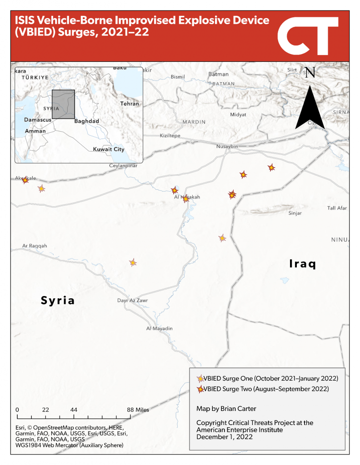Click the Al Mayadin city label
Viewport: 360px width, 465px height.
coord(160,328)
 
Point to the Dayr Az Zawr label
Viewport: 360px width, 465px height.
coord(133,300)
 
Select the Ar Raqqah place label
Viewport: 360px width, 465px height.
coord(35,246)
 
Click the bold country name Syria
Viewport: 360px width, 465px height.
coord(58,301)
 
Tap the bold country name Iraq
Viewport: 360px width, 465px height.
coord(302,264)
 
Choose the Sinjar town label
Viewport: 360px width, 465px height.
coord(295,213)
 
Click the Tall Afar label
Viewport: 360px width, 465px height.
coord(337,208)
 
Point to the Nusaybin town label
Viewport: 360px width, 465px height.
coord(227,146)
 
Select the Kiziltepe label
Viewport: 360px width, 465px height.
coord(170,136)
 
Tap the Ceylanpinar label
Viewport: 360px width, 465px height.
coord(123,166)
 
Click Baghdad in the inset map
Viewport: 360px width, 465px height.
coord(86,121)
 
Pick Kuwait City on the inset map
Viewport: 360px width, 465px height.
coord(109,149)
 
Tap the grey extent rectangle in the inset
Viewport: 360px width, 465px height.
coord(63,104)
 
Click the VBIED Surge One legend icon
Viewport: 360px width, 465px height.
coord(200,379)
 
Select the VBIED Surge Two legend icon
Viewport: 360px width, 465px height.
coord(200,389)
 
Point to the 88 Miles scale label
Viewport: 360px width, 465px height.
coord(138,410)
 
